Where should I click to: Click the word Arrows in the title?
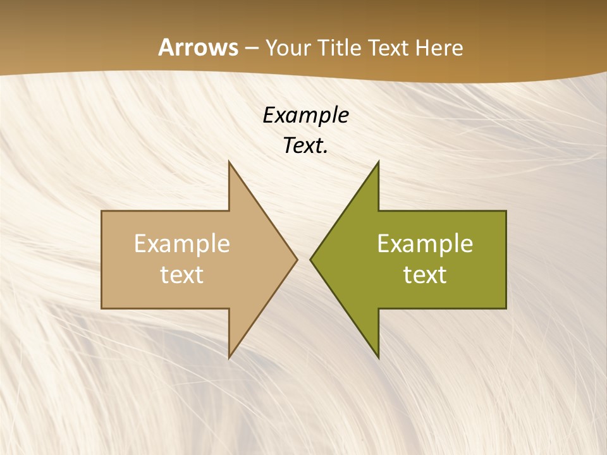197,47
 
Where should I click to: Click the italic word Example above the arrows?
305,116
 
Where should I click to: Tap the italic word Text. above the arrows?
305,146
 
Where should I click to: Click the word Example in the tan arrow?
182,244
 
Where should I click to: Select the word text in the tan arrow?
182,274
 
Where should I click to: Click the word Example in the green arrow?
425,244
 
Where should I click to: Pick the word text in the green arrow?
425,274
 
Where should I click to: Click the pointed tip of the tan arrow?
297,259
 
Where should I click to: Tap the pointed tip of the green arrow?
310,259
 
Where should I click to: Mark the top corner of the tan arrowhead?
230,162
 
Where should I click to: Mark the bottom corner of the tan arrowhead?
230,357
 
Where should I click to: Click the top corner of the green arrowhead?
378,162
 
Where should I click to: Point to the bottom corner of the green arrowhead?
378,357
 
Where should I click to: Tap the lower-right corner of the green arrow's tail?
506,308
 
